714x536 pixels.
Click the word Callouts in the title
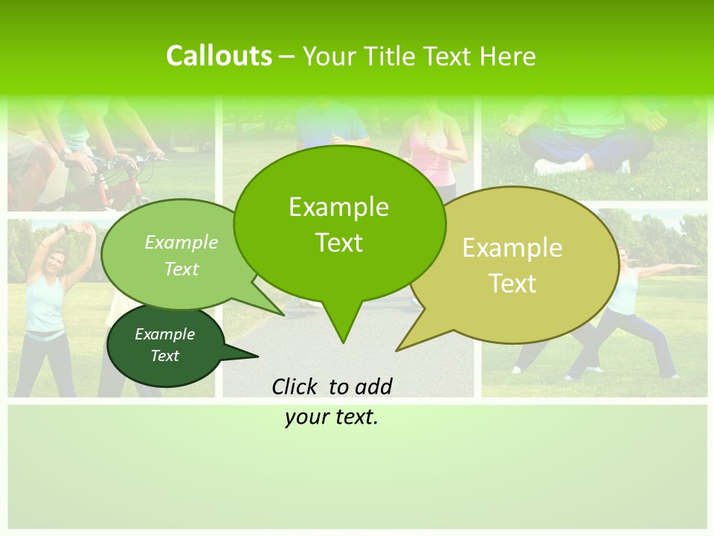tap(219, 56)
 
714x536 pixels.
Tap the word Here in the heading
tap(508, 56)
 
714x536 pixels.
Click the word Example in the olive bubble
tap(512, 248)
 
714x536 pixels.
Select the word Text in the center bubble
tap(338, 243)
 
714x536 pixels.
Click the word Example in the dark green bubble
tap(164, 334)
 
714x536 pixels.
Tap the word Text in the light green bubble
tap(181, 269)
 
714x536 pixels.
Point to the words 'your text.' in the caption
tap(332, 418)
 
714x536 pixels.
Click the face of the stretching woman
tap(56, 262)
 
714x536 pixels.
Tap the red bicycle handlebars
tap(134, 160)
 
